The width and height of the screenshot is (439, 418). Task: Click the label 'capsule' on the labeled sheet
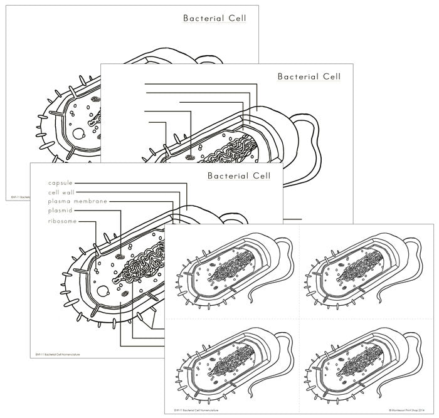[x=60, y=183]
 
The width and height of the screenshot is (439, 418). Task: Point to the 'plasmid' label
[x=60, y=211]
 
